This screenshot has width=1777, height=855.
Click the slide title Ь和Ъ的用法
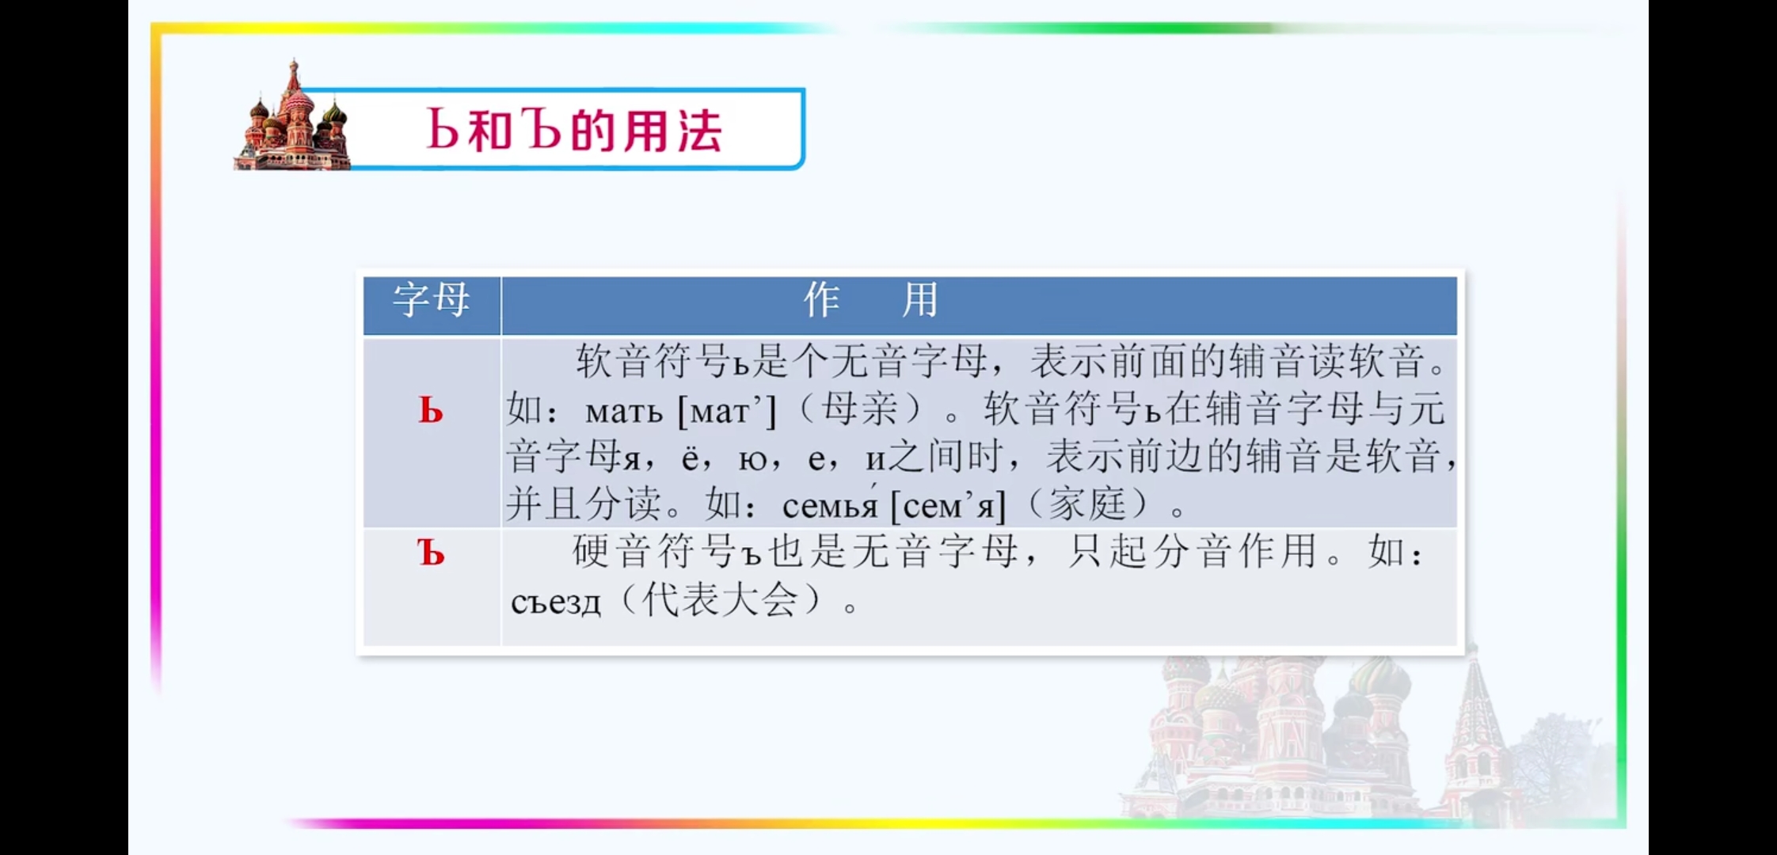coord(574,130)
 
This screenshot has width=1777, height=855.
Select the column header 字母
coord(432,300)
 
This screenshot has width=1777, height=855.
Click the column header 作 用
coord(870,300)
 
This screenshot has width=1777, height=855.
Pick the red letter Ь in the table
coord(431,411)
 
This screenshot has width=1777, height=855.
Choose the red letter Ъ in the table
coord(431,553)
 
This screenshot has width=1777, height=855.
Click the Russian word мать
coord(623,412)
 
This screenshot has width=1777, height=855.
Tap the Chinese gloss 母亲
coord(860,409)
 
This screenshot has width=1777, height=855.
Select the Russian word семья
coord(830,505)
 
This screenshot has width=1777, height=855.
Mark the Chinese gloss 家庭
coord(1087,504)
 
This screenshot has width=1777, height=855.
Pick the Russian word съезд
coord(556,602)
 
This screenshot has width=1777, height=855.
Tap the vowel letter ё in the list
coord(690,458)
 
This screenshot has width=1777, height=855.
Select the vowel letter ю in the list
coord(752,459)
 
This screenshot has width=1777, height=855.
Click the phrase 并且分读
coord(584,504)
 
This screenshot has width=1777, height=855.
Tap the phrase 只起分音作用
coord(1192,552)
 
